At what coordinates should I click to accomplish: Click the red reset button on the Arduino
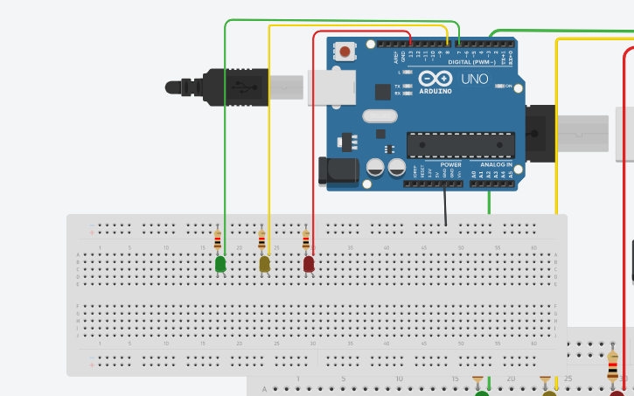click(x=345, y=52)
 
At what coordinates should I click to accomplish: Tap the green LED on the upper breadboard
click(x=220, y=263)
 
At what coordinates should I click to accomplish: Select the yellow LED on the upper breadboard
click(x=265, y=263)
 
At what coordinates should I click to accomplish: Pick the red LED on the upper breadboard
click(x=309, y=263)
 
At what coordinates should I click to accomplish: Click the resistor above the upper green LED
click(x=218, y=240)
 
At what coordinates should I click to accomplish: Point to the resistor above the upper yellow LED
click(x=261, y=240)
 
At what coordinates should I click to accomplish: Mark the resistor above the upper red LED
click(x=305, y=240)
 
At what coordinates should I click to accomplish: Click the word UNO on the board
click(x=475, y=79)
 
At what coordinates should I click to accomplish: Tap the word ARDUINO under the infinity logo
click(x=435, y=91)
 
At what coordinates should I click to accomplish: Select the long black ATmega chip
click(x=460, y=145)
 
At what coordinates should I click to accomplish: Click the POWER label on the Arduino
click(x=450, y=164)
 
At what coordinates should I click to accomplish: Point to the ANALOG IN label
click(x=495, y=164)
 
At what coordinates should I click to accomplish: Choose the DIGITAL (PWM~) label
click(x=471, y=62)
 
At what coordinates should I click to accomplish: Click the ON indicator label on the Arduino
click(x=508, y=86)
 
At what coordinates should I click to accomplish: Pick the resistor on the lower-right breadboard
click(x=612, y=365)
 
